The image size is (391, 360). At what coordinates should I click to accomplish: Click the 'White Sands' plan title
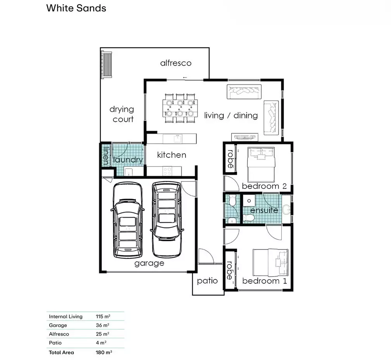76,8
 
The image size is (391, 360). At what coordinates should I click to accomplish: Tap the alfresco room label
176,63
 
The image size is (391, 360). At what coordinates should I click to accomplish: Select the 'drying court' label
122,114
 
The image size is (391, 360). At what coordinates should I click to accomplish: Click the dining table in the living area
180,108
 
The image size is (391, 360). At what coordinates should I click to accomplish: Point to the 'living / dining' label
231,116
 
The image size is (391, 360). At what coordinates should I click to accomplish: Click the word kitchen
171,155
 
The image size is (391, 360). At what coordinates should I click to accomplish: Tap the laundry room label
128,159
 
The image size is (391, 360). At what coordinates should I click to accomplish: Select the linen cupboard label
106,156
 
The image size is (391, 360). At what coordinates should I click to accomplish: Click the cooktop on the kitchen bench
167,171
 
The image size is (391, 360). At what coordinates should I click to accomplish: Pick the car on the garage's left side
128,220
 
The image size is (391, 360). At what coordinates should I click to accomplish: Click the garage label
149,263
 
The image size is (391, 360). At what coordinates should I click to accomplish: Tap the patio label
207,281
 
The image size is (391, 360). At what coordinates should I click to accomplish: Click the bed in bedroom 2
261,164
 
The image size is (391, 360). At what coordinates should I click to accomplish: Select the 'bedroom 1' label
265,281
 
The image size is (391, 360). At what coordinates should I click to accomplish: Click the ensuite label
264,210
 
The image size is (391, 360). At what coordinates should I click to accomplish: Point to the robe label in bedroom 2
230,159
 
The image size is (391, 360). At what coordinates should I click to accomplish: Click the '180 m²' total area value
104,353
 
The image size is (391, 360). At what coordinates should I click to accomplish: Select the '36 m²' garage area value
102,325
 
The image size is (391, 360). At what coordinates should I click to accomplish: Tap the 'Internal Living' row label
66,317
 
